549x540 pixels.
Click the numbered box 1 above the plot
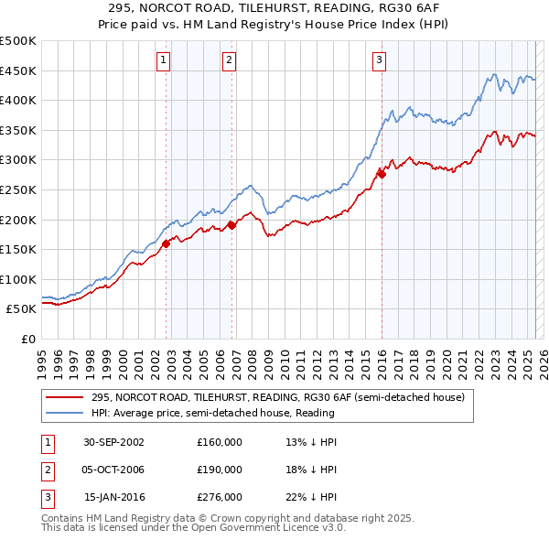[x=162, y=61]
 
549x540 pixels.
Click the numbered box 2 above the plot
[x=228, y=61]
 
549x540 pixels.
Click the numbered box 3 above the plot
[x=378, y=61]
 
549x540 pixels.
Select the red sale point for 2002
[x=167, y=244]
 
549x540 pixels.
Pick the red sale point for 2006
[x=231, y=224]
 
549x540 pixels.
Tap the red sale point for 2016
[x=382, y=175]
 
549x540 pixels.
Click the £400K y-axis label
[x=19, y=100]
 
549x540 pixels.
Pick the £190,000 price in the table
[x=220, y=470]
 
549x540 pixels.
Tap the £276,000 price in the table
[x=220, y=498]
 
